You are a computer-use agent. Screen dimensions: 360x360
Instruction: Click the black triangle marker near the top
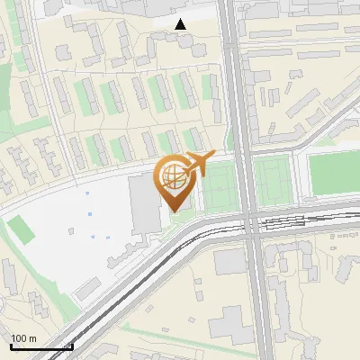pos(181,24)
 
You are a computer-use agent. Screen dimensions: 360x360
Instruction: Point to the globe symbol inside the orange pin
pos(172,177)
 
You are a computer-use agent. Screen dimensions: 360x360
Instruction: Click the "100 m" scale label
pos(23,337)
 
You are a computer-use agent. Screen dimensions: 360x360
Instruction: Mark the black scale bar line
pos(41,346)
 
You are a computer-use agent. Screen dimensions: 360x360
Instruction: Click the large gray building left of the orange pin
pos(142,202)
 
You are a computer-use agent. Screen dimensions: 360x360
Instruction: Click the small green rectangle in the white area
pos(24,231)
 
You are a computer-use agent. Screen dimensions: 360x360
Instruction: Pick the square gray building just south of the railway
pos(229,261)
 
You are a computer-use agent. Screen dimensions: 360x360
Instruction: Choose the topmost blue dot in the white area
pos(87,193)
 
